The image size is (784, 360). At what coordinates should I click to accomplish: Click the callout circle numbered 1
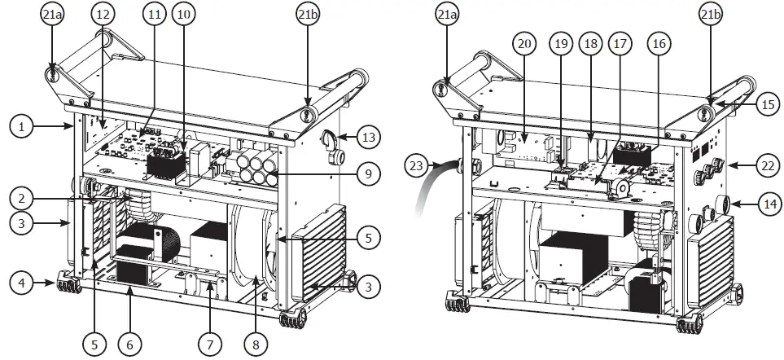pos(22,126)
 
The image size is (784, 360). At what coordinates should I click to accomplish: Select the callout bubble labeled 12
pos(102,15)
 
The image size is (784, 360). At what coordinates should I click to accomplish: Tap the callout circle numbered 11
pos(155,15)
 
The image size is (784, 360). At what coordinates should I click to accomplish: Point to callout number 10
pos(183,15)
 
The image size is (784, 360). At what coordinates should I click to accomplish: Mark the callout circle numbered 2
pos(22,195)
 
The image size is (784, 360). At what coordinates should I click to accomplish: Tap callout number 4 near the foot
pos(22,284)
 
